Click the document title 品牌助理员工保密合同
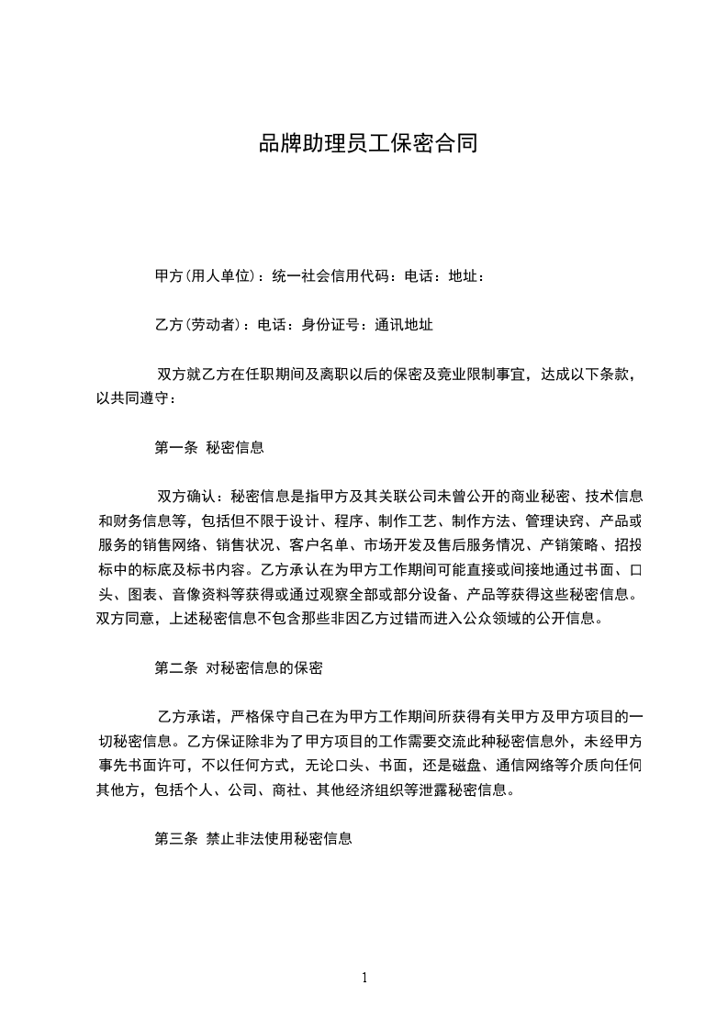click(x=367, y=145)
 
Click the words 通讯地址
click(x=404, y=324)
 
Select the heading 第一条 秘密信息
click(x=209, y=448)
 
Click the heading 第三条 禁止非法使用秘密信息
click(x=253, y=839)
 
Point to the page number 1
click(x=364, y=978)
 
